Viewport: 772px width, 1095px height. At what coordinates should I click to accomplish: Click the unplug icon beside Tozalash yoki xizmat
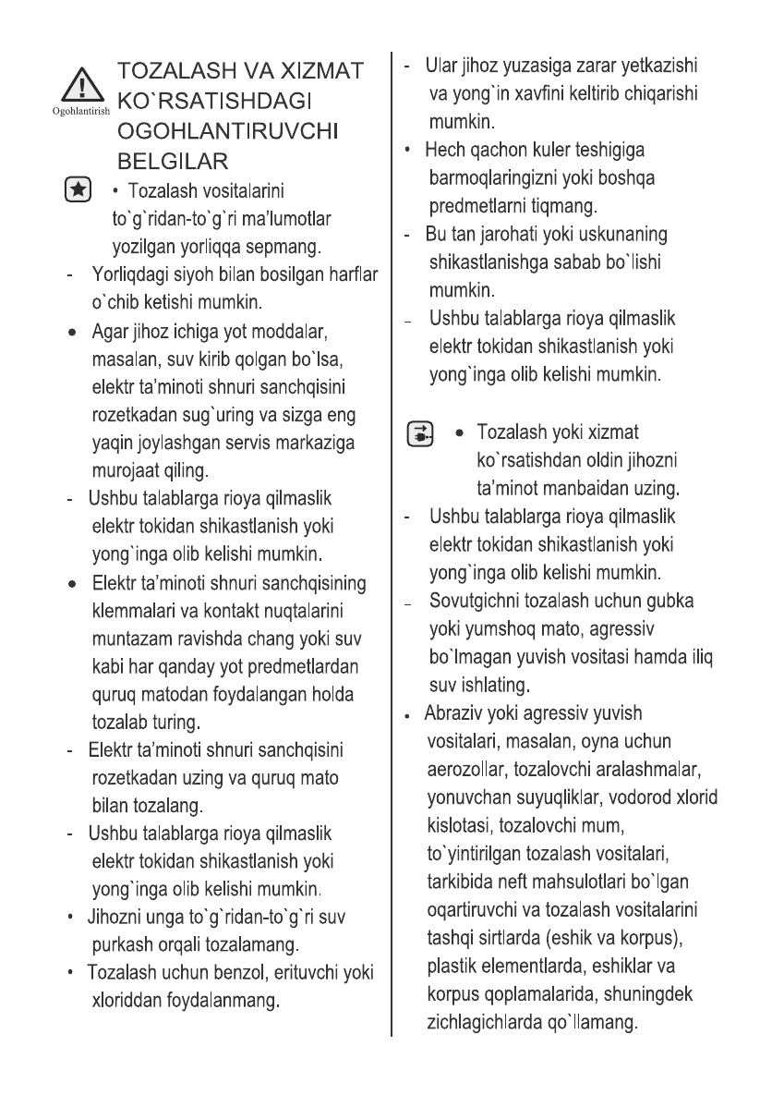421,433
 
